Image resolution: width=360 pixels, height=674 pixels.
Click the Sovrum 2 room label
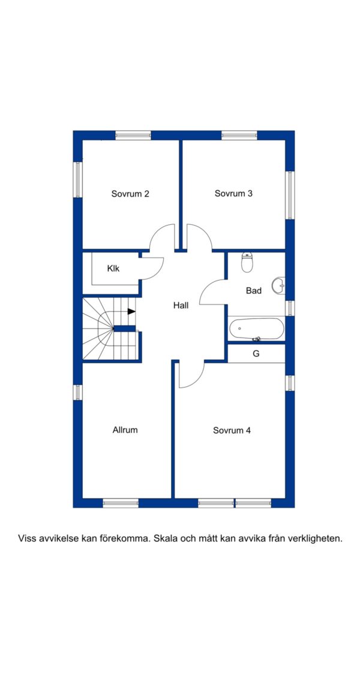point(130,194)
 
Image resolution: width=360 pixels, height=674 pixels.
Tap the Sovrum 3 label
point(233,194)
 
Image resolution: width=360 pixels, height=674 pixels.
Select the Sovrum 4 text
point(232,431)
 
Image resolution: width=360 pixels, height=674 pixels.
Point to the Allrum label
point(125,429)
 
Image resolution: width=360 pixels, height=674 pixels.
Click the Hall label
point(181,306)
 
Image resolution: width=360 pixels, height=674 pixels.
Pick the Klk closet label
point(113,269)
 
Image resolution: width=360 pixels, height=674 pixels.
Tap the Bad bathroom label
point(254,291)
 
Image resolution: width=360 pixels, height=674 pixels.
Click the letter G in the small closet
point(256,354)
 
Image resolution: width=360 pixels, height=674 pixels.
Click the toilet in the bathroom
point(247,263)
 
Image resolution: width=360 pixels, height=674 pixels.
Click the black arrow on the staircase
point(131,312)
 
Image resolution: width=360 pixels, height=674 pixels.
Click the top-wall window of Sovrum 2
point(133,136)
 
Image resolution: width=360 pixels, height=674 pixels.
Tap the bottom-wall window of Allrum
point(121,503)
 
